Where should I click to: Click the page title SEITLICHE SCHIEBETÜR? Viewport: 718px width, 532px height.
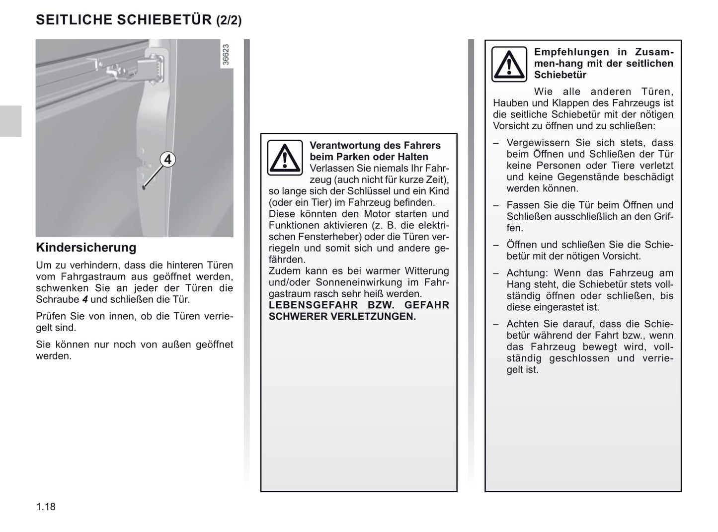point(124,20)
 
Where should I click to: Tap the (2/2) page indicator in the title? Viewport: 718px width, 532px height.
point(229,20)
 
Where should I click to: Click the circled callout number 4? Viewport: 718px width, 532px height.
point(168,160)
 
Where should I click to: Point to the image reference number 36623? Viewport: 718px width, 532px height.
point(226,55)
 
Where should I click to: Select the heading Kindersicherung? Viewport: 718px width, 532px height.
point(86,248)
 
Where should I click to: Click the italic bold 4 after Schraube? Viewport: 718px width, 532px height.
point(85,300)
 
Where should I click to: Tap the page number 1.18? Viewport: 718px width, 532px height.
point(46,507)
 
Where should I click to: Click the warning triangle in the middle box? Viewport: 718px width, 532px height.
point(285,158)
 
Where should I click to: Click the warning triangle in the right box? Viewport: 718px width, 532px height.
point(509,64)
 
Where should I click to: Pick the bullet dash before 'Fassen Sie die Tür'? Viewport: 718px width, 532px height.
point(496,205)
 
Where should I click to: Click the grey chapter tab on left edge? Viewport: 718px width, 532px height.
point(10,121)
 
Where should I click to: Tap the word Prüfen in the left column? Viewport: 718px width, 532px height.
point(51,316)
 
